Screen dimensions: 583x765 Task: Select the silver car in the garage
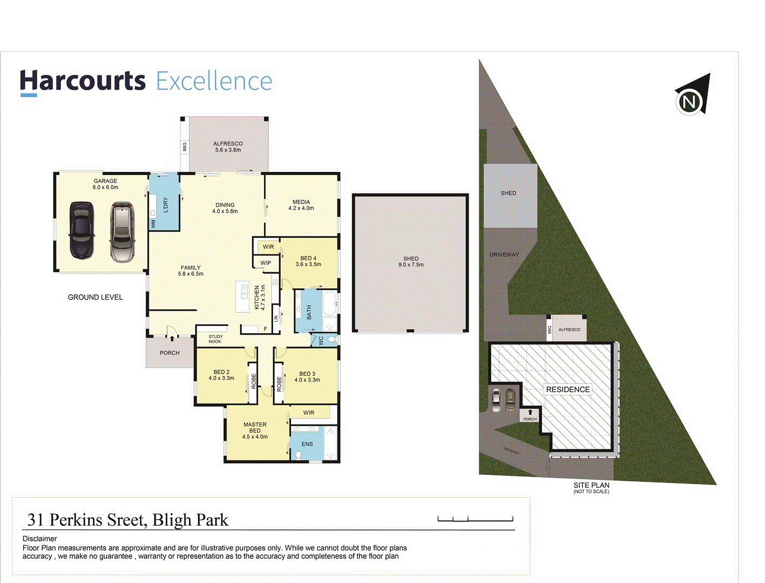(122, 232)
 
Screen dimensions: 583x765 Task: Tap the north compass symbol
(692, 96)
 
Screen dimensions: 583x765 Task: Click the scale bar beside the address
(475, 519)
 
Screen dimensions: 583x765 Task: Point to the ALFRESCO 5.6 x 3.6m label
(228, 147)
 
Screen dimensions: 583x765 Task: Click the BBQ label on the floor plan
(184, 147)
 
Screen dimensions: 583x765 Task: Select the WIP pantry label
(266, 263)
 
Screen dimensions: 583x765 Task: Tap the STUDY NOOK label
(215, 339)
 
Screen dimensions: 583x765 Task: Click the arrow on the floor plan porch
(172, 339)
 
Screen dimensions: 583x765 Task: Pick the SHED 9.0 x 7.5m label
(411, 262)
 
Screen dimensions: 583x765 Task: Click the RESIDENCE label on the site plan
(567, 389)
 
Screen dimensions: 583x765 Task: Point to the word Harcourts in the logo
(83, 81)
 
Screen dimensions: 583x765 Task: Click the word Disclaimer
(39, 539)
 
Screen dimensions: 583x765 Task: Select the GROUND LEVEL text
(95, 297)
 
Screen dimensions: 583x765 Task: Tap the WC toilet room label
(321, 341)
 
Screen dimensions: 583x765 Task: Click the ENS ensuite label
(307, 444)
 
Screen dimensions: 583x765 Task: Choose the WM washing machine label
(153, 223)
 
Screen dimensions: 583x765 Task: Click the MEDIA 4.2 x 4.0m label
(301, 205)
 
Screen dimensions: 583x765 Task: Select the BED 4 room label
(308, 261)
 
